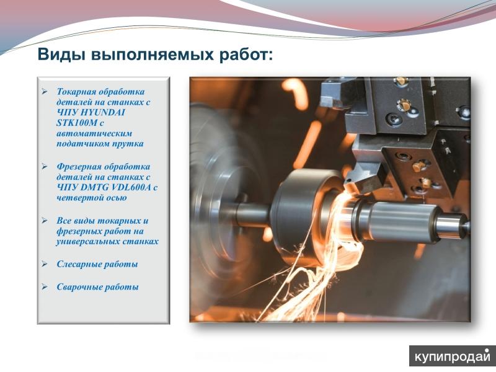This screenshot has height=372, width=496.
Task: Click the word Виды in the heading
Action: click(61, 55)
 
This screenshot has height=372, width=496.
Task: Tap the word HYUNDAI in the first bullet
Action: click(103, 112)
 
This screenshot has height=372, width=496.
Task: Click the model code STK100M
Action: click(76, 123)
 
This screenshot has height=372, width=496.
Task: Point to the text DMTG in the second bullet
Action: click(95, 187)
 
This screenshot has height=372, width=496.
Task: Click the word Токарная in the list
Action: click(76, 92)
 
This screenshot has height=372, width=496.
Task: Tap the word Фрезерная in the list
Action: click(79, 167)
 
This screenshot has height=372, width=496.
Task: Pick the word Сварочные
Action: click(79, 287)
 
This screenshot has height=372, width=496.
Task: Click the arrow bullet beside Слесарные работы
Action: click(44, 264)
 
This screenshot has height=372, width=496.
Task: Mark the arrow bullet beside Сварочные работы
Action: click(44, 287)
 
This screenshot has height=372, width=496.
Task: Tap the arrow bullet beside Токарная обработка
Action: click(44, 92)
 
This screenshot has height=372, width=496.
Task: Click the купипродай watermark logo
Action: click(453, 356)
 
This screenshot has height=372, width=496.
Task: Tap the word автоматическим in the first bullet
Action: click(94, 133)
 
